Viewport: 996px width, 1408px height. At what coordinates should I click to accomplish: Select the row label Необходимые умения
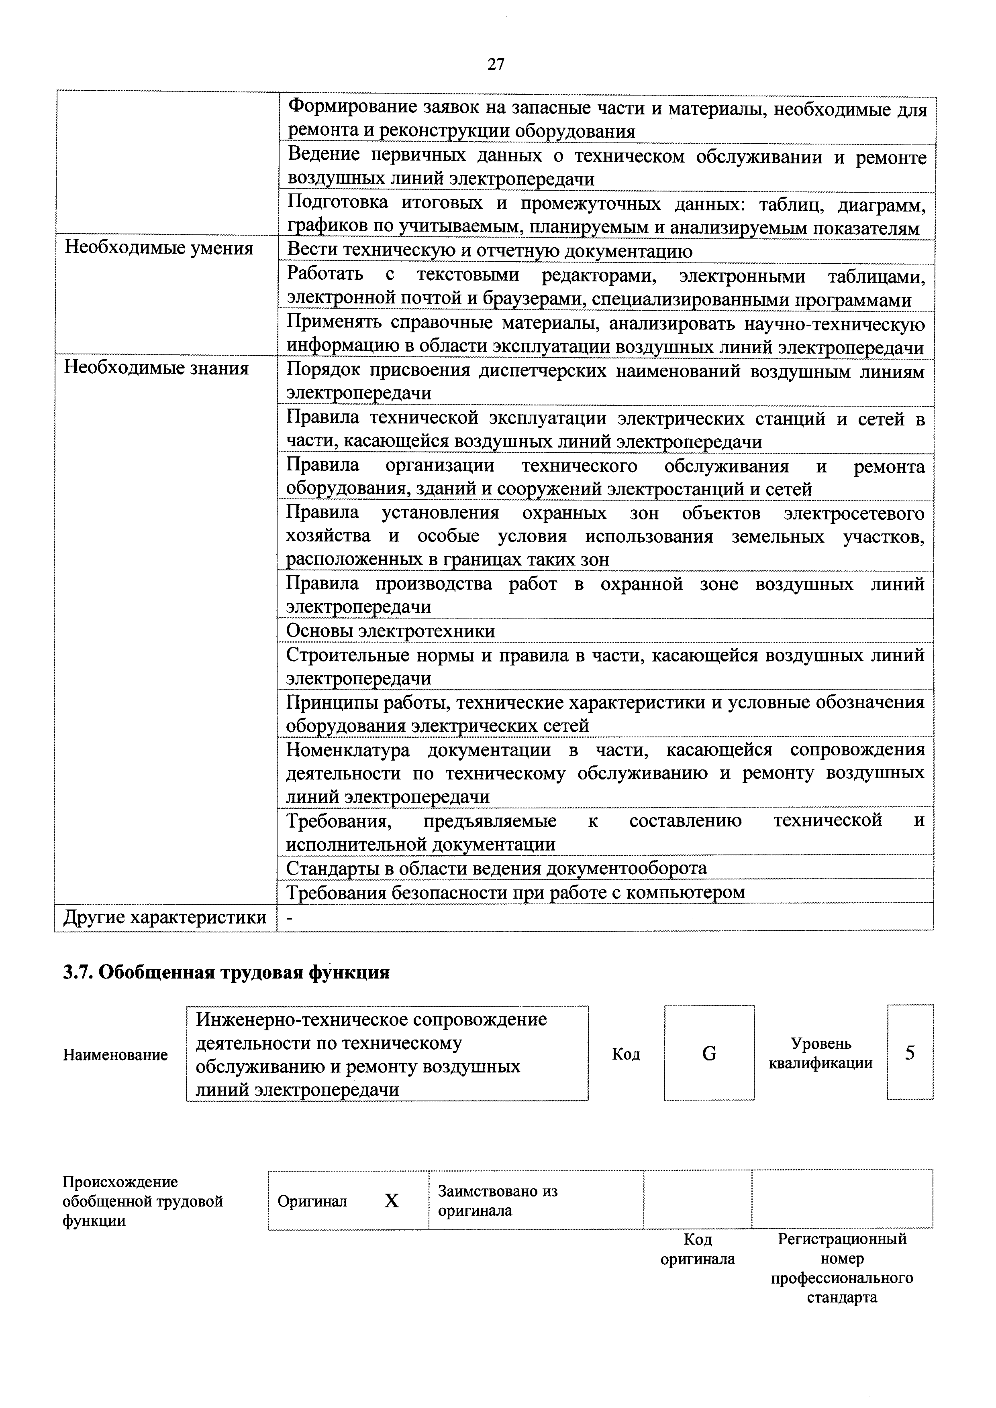pos(159,248)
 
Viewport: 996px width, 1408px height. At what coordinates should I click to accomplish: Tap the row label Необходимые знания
pos(157,368)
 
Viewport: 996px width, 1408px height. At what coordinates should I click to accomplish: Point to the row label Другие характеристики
pos(165,918)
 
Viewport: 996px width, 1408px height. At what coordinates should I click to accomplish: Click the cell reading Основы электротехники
pos(390,631)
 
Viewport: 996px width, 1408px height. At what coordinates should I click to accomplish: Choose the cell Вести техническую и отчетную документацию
pos(489,251)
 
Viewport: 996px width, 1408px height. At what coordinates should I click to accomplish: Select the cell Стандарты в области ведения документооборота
pos(496,868)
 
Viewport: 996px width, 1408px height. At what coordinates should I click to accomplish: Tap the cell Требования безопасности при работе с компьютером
pos(516,892)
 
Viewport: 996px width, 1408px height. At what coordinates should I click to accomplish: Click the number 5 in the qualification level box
pos(910,1053)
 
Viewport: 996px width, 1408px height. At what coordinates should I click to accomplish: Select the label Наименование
pos(115,1055)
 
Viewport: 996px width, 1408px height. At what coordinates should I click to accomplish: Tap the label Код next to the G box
pos(626,1054)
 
